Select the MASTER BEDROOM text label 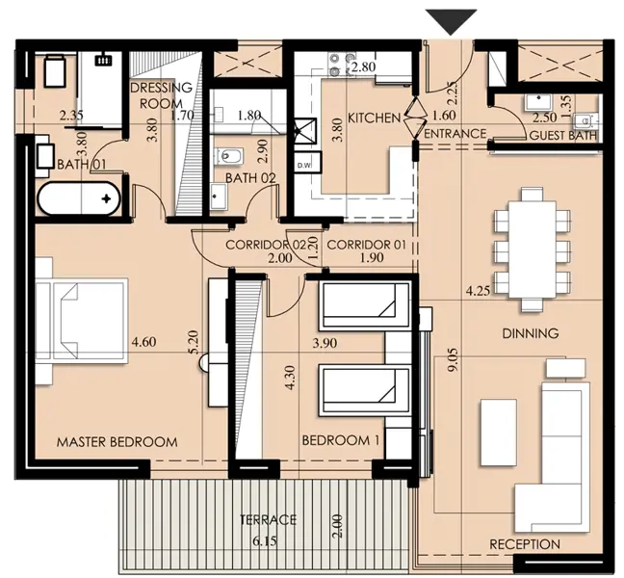[117, 442]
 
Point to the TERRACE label [268, 520]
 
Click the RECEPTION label [524, 543]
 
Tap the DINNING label [530, 334]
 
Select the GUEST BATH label [561, 136]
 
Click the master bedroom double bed [81, 317]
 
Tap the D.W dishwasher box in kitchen [304, 166]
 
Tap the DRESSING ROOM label [161, 95]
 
